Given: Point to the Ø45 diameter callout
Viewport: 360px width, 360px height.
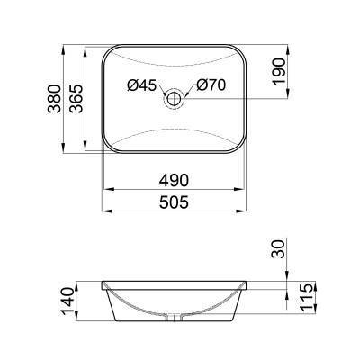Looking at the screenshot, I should pyautogui.click(x=142, y=86).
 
